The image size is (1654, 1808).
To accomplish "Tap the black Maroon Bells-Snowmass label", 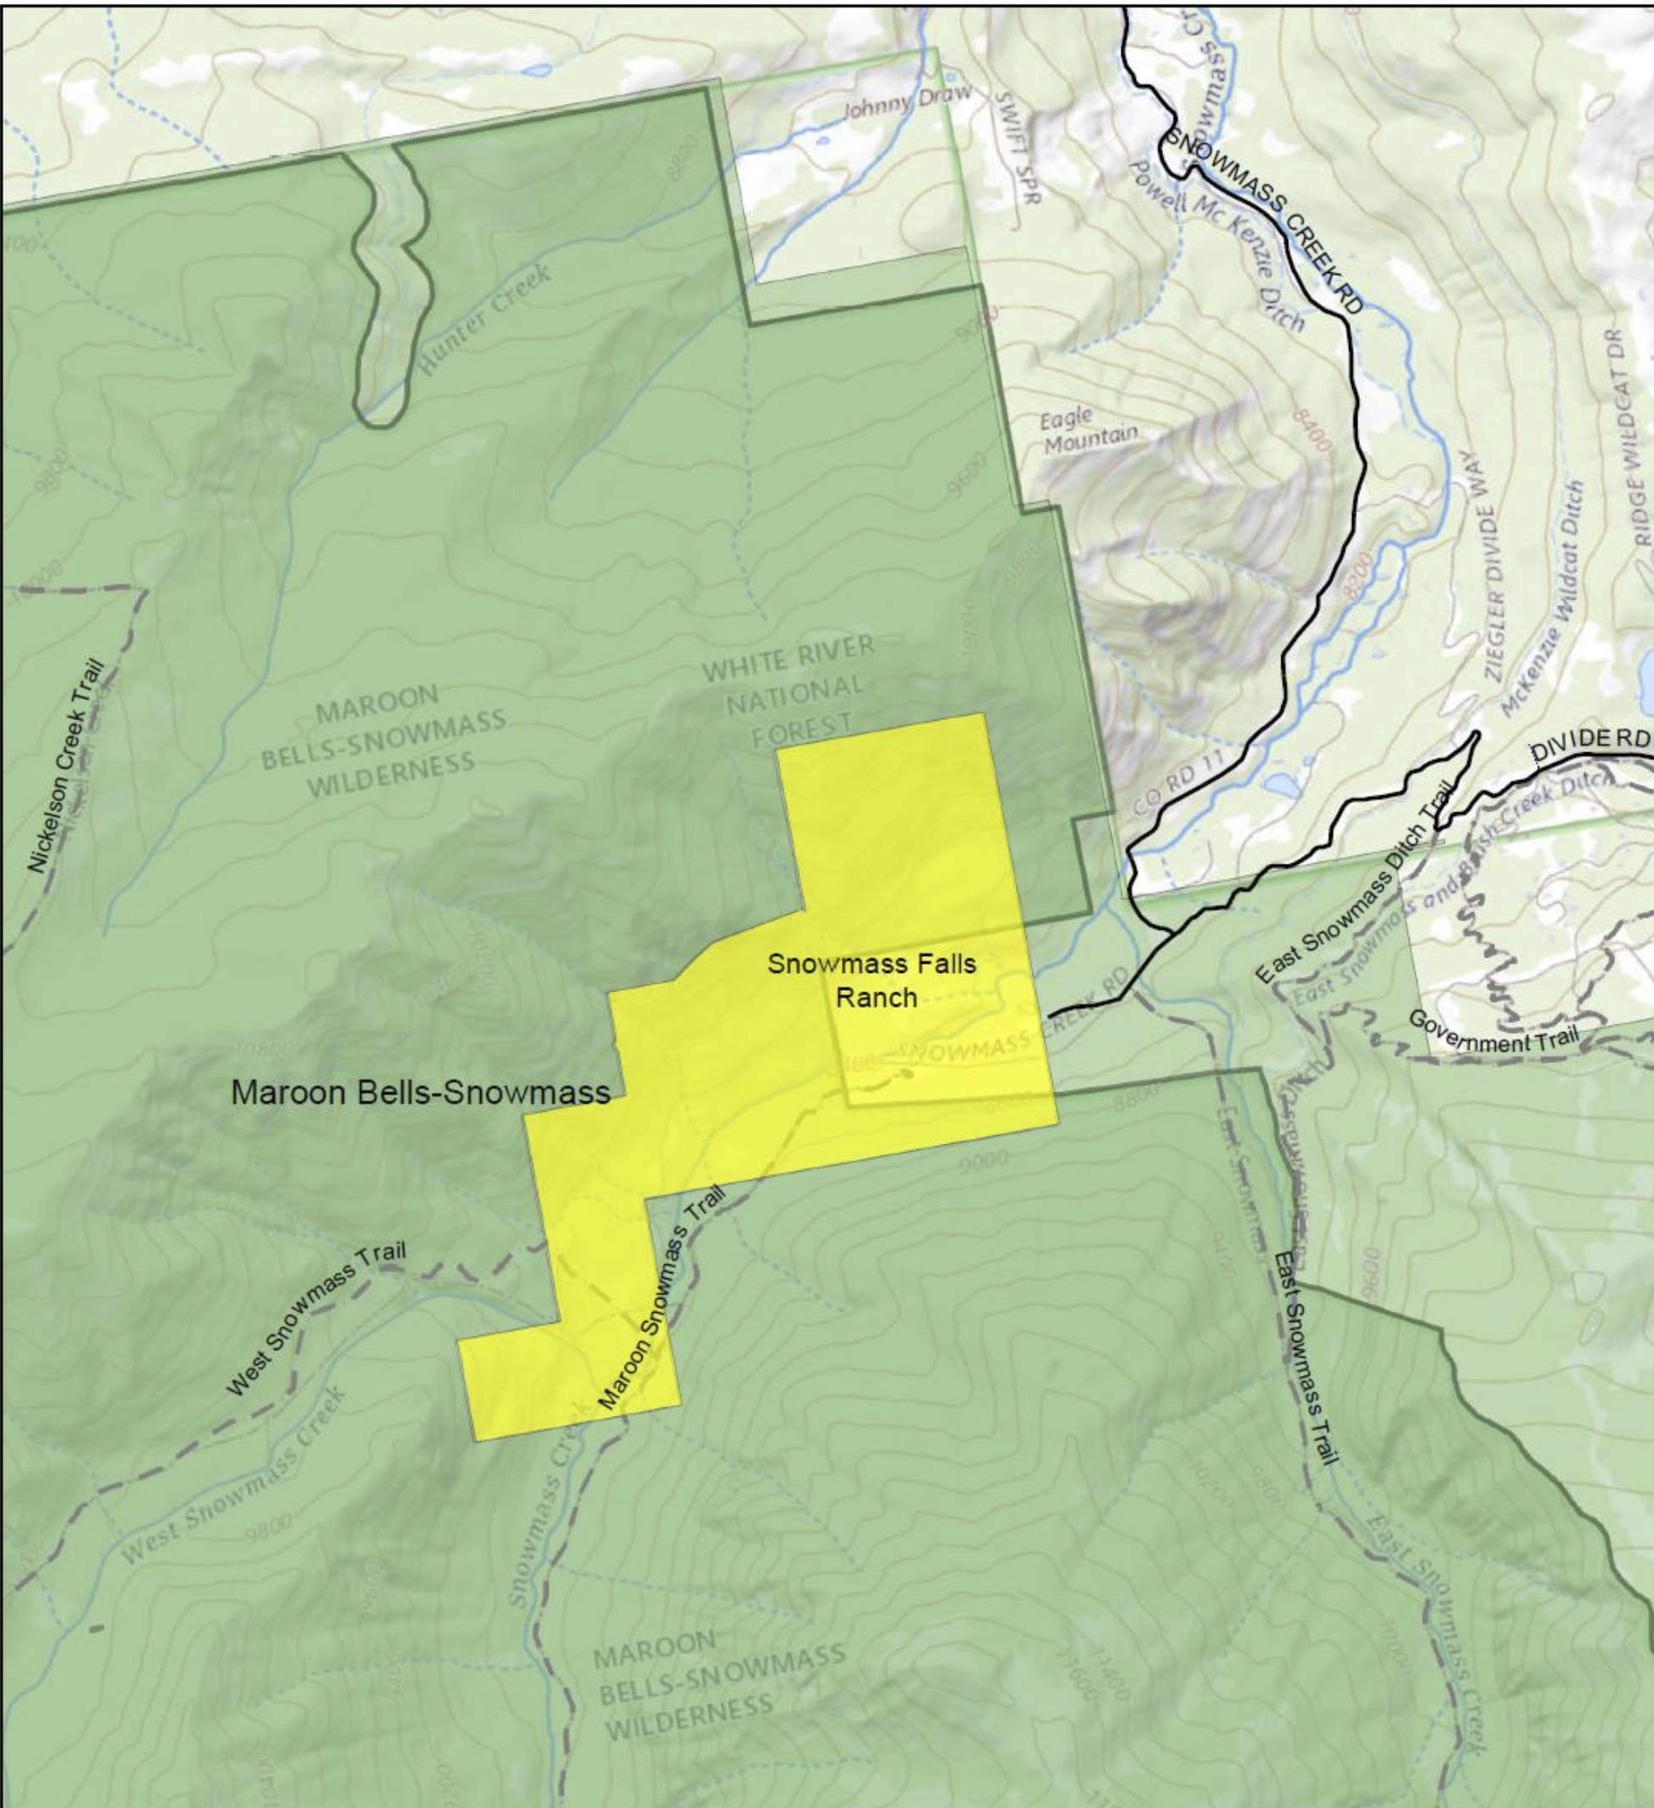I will click(x=421, y=1091).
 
